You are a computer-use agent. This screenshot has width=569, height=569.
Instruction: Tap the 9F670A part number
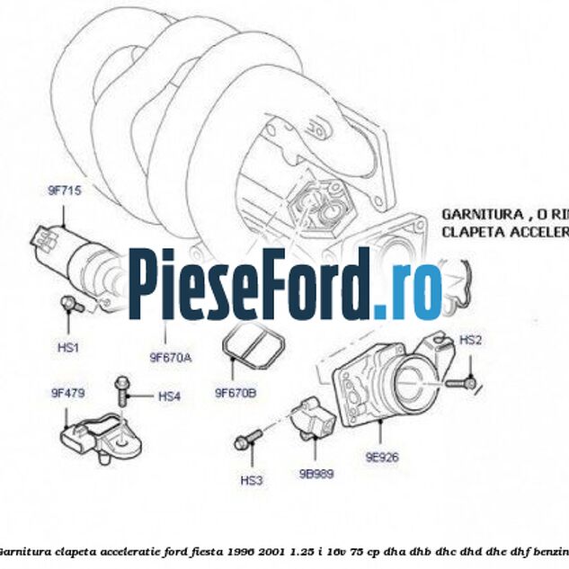click(170, 357)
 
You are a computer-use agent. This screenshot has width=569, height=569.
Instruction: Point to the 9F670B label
click(236, 392)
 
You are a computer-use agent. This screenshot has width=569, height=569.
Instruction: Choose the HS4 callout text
click(169, 396)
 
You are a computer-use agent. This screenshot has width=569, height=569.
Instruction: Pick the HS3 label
click(252, 480)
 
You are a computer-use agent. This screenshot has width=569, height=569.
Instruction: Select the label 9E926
click(381, 456)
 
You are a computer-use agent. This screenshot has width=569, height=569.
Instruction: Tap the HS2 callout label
click(471, 340)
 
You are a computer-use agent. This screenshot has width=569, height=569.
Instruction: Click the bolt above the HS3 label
click(247, 440)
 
